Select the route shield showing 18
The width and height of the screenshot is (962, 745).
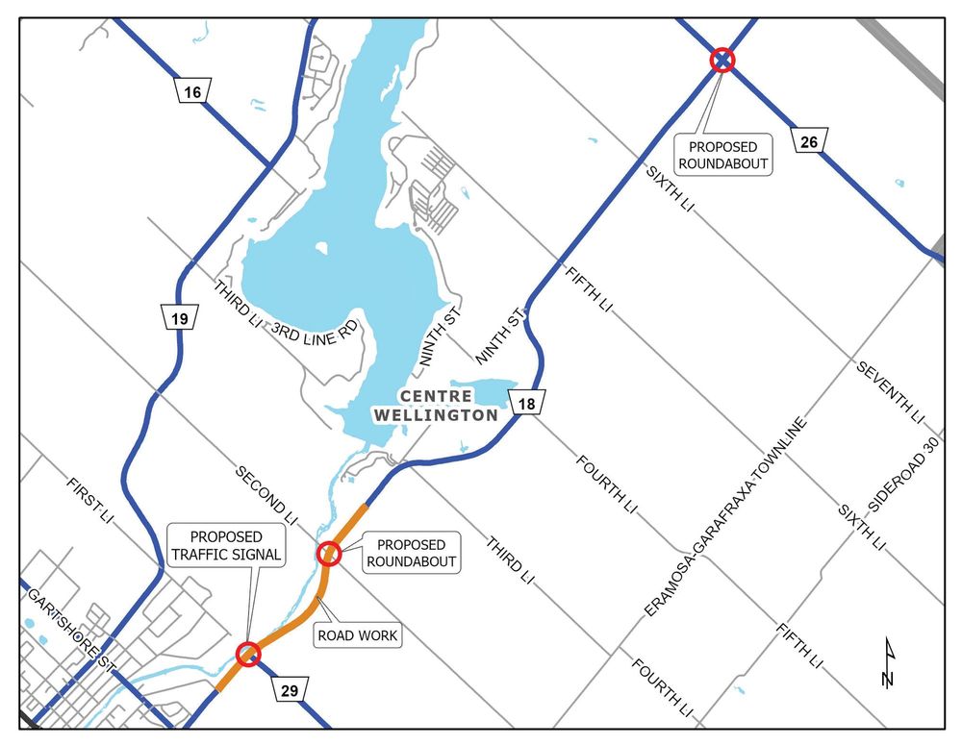click(526, 403)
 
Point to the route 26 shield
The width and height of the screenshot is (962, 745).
click(808, 142)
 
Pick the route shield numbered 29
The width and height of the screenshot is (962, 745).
click(291, 689)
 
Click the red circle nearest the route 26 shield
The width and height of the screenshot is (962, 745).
click(721, 61)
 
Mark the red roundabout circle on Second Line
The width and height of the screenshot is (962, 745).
click(329, 554)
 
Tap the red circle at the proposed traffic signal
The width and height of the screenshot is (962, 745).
click(248, 655)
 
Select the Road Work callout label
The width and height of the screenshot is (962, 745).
click(357, 634)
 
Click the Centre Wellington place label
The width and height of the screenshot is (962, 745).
click(448, 406)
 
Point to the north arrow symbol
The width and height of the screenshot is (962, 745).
click(889, 665)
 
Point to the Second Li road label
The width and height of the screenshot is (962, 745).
click(262, 490)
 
